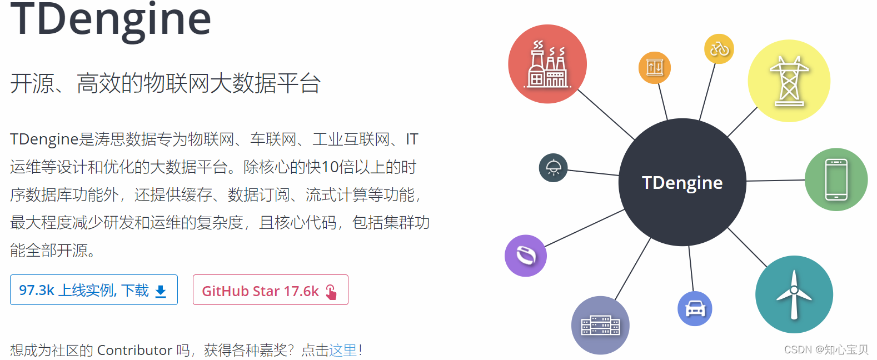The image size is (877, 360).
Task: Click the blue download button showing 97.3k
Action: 94,290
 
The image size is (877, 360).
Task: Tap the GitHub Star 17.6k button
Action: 271,290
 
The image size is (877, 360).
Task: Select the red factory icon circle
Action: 547,64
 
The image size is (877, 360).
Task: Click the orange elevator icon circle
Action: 654,68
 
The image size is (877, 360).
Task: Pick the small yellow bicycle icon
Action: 719,49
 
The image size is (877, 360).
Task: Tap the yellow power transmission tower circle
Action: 789,81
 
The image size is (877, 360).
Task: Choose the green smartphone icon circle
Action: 836,179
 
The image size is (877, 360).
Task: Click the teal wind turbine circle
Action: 794,294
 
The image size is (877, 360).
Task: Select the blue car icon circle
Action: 695,309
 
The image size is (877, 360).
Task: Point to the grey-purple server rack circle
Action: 600,326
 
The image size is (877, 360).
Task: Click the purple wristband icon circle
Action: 526,256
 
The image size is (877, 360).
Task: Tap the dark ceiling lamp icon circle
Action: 553,168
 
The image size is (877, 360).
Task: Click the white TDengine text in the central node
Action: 682,183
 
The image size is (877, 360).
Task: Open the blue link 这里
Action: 343,350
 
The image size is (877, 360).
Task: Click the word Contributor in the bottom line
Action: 134,350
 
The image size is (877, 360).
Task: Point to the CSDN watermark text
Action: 826,349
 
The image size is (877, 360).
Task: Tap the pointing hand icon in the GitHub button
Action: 331,292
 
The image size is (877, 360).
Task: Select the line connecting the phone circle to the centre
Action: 776,181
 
